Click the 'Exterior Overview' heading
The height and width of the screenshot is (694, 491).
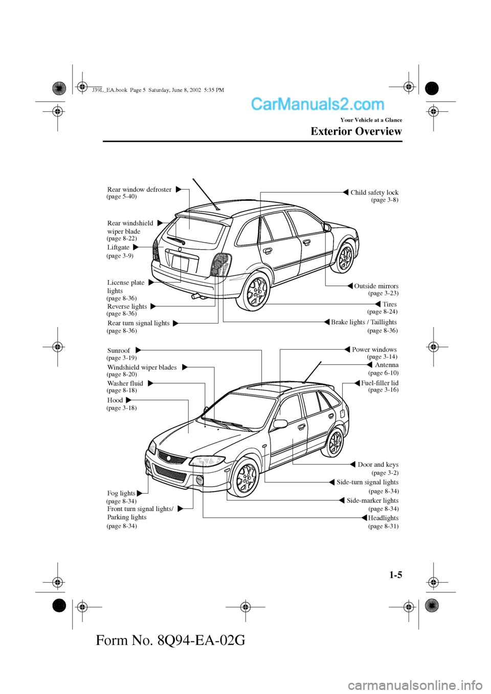coord(356,131)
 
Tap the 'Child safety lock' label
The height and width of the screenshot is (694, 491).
coord(374,193)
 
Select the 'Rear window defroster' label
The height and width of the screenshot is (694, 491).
coord(139,190)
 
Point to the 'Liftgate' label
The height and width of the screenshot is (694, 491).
coord(118,247)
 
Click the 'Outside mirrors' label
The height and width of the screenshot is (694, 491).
coord(376,286)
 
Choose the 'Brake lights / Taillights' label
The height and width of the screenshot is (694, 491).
coord(364,322)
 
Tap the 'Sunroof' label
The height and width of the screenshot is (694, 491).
coord(119,351)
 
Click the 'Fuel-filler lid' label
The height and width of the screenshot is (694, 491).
coord(380,383)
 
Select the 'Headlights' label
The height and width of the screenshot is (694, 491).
coord(383,518)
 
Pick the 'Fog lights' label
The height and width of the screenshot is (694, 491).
coord(121,493)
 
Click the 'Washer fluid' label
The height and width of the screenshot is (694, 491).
coord(125,383)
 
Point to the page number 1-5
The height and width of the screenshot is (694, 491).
coord(395,575)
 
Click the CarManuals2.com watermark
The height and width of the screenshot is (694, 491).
coord(318,104)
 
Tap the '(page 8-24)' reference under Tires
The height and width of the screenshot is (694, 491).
coord(382,311)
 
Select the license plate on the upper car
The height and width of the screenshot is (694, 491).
coord(180,264)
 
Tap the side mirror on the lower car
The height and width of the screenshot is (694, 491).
coord(280,424)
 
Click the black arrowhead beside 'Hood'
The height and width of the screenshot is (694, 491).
coord(128,400)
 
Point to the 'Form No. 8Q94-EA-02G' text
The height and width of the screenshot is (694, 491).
coord(170,640)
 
